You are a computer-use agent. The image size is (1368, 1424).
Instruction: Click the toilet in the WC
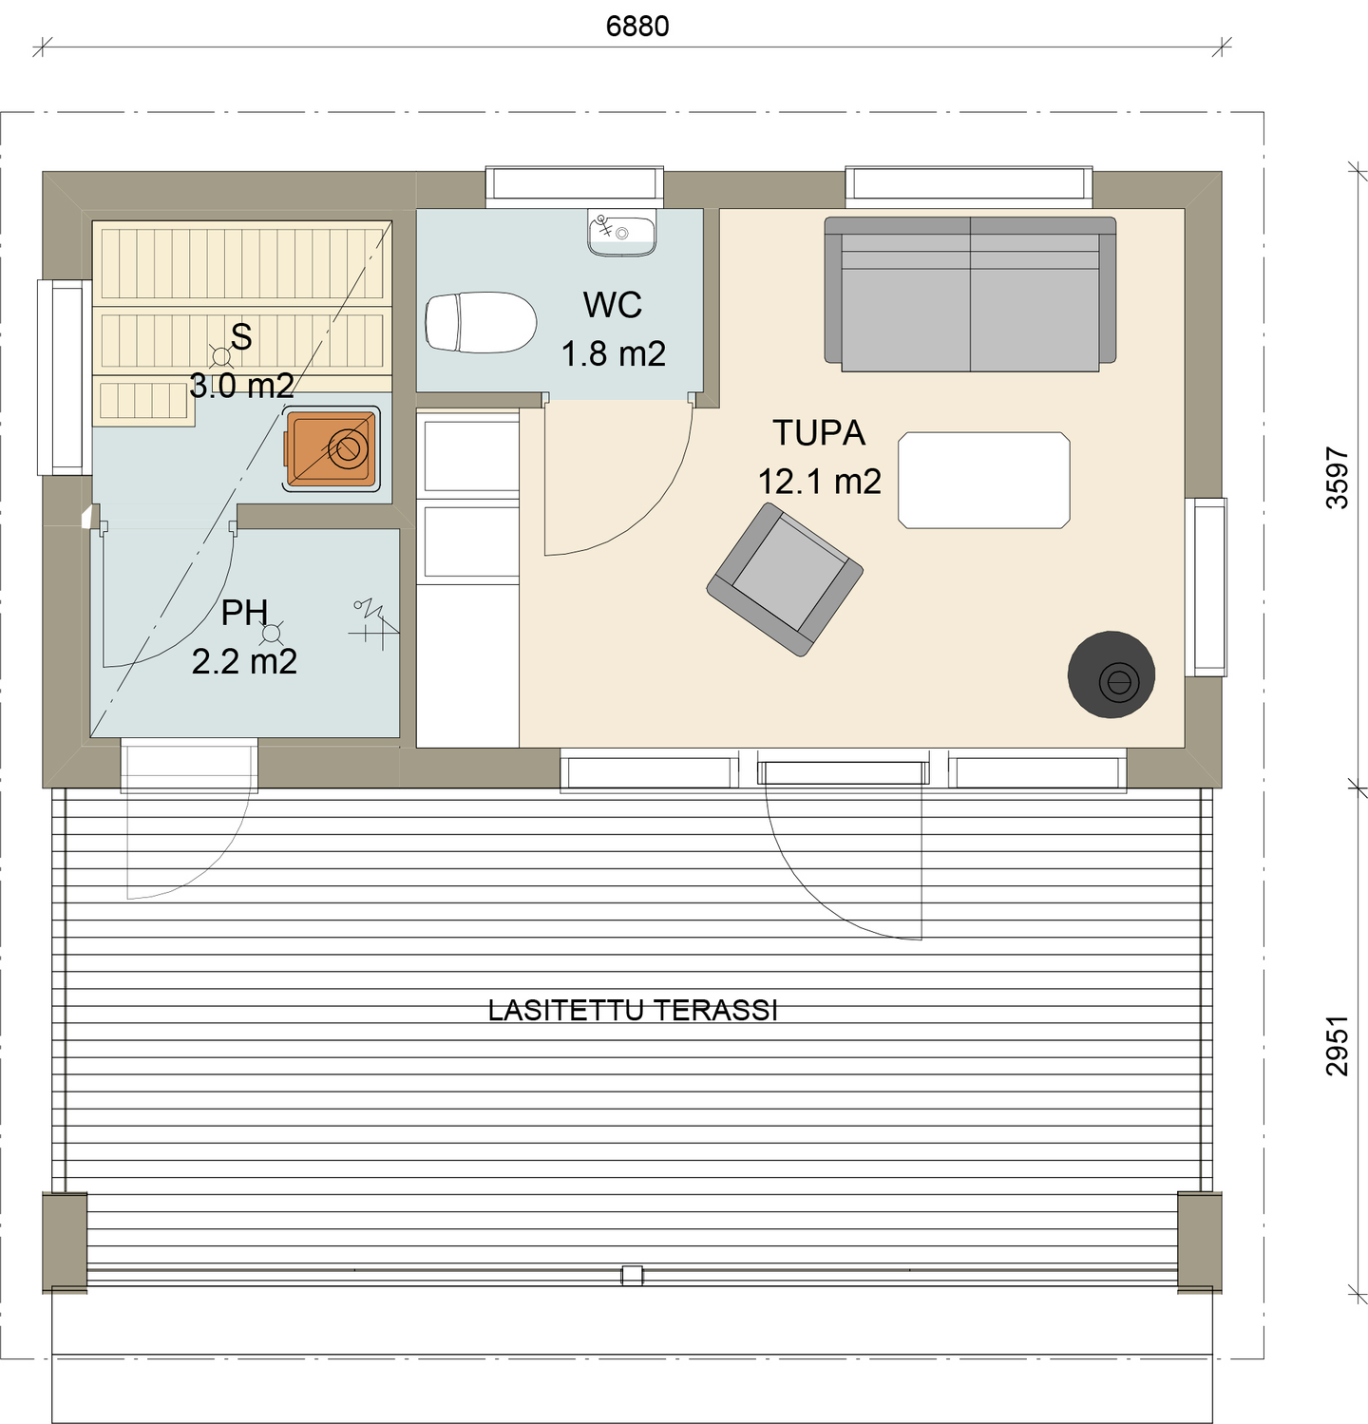(480, 322)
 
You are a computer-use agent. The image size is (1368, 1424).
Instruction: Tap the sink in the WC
(621, 234)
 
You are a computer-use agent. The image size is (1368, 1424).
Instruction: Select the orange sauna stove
(332, 448)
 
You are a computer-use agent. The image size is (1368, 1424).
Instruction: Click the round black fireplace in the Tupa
(1111, 674)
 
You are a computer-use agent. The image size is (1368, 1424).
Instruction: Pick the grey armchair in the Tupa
(785, 580)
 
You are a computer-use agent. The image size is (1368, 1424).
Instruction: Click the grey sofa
(969, 294)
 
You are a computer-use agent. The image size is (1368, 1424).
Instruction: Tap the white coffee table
(983, 480)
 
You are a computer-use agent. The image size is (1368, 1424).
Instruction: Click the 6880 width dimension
(637, 27)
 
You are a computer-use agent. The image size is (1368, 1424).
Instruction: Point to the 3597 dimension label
(1337, 478)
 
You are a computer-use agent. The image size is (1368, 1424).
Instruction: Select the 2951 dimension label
(1337, 1046)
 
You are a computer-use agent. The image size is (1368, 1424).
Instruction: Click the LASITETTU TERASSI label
(633, 1010)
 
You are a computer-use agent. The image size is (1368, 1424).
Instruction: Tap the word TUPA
(818, 433)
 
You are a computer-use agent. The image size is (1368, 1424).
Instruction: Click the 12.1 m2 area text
(819, 482)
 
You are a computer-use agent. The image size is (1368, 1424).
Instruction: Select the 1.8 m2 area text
(613, 354)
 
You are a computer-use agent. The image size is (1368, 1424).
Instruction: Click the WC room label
(613, 305)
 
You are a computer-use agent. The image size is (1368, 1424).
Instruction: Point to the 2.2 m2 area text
(244, 661)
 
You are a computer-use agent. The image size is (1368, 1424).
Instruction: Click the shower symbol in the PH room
(373, 621)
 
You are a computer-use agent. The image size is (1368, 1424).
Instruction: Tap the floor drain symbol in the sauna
(221, 356)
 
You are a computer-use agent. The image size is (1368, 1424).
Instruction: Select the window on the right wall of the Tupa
(1206, 587)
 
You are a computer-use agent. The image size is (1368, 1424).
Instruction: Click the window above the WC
(574, 186)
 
